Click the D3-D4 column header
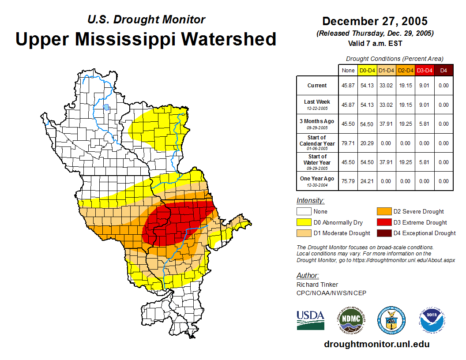coord(424,70)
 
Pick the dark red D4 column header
coord(443,70)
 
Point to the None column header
coord(348,70)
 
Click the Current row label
coord(317,86)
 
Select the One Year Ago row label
coord(317,179)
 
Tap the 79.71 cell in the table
coord(348,143)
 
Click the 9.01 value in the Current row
coord(424,86)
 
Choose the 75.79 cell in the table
coord(348,181)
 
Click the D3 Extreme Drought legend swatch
coord(384,222)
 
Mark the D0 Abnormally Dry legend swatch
coord(304,222)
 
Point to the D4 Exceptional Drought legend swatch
coord(384,233)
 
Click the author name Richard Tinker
coord(317,285)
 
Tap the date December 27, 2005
coord(375,21)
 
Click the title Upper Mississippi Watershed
coord(146,39)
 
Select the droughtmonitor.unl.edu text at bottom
coord(376,344)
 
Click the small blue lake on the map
coord(106,107)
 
